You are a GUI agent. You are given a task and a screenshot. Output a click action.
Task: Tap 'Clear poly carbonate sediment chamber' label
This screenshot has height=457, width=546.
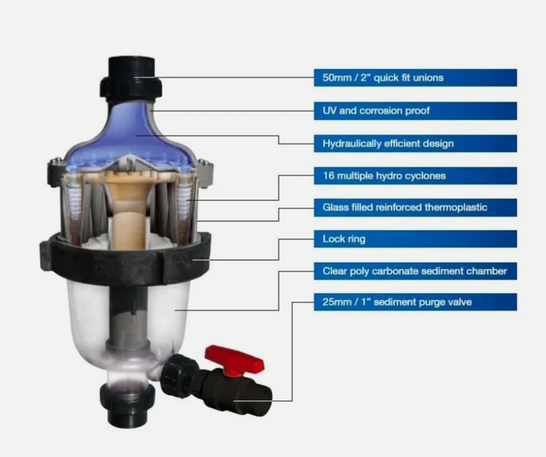click(x=415, y=271)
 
